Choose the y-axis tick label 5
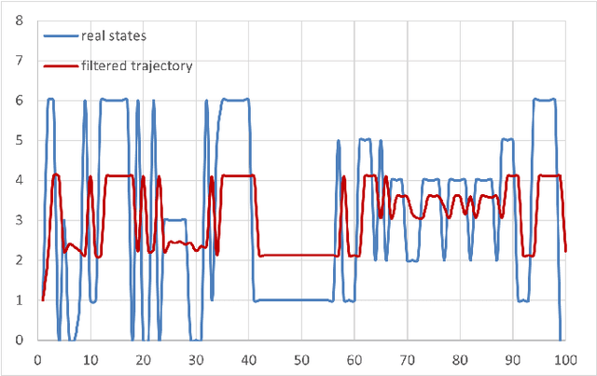click(19, 140)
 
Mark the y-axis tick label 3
click(19, 220)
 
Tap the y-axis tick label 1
click(19, 300)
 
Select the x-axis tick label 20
click(142, 358)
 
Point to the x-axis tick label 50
click(300, 358)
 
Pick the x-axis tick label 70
click(406, 358)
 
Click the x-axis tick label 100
click(563, 358)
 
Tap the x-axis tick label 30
click(195, 358)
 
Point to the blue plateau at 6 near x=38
click(235, 100)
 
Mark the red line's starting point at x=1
click(42, 299)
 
